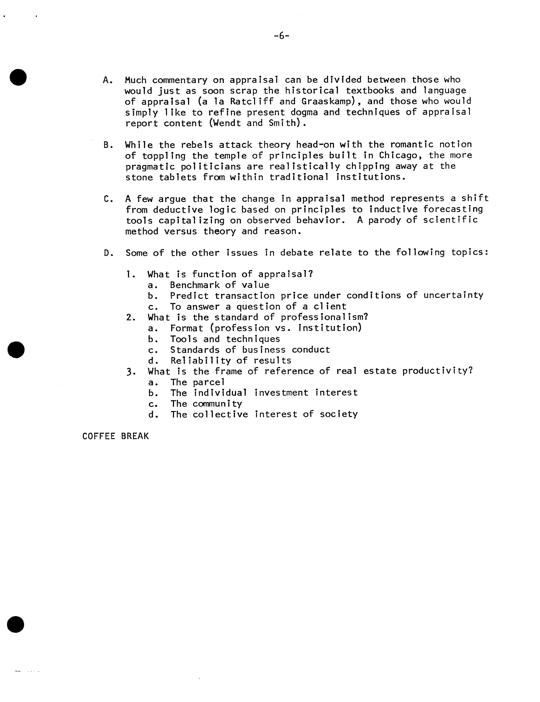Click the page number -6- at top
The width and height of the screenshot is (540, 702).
pyautogui.click(x=282, y=36)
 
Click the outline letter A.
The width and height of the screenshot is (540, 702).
pyautogui.click(x=107, y=80)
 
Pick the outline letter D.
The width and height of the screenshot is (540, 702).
pyautogui.click(x=108, y=253)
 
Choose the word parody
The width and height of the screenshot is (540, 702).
pyautogui.click(x=384, y=220)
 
